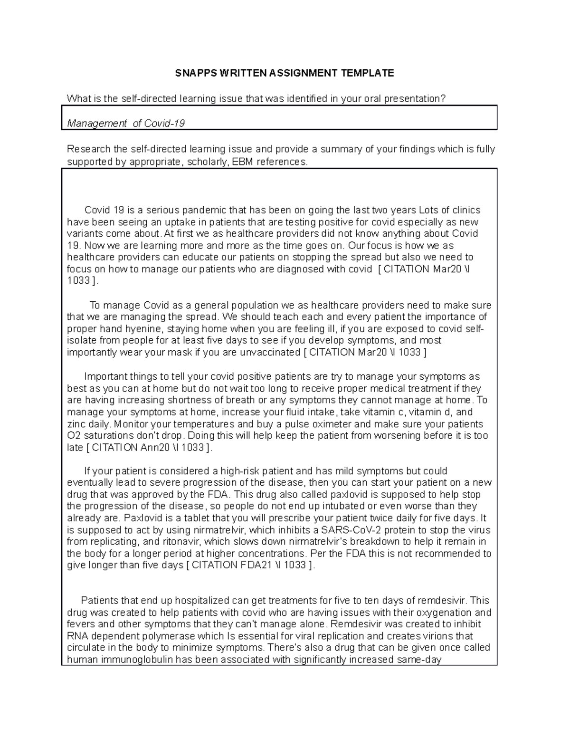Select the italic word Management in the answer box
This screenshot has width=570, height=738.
(x=97, y=124)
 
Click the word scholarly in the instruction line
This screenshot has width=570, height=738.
(x=208, y=162)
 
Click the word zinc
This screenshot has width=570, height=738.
(x=76, y=424)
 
